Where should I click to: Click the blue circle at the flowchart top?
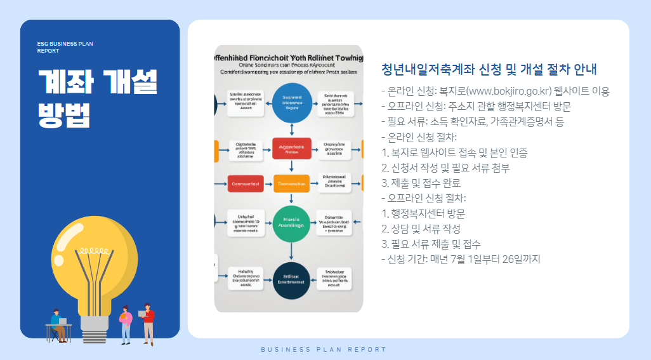click(x=292, y=102)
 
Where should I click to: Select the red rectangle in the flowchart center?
click(x=292, y=148)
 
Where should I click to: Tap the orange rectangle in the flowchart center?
click(x=292, y=183)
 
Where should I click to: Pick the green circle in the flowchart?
click(x=292, y=223)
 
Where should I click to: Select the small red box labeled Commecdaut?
click(x=245, y=183)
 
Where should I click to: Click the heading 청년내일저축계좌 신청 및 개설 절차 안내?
click(x=489, y=69)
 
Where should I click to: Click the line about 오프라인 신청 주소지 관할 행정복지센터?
click(x=476, y=106)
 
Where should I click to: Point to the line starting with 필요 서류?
click(x=472, y=121)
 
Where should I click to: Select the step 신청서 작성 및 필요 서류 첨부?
click(x=445, y=168)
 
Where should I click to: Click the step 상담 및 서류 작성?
click(x=421, y=229)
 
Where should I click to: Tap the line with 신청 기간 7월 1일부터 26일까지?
click(x=460, y=259)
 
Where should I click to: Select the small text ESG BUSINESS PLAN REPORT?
click(x=65, y=47)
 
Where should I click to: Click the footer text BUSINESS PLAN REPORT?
click(x=324, y=350)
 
